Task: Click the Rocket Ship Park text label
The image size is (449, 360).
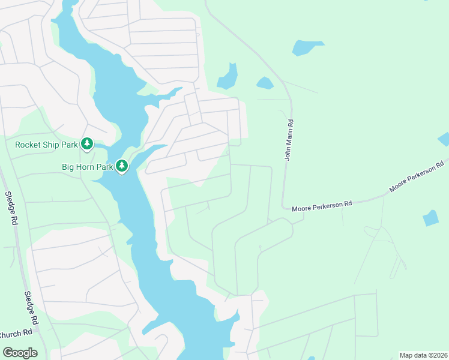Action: (x=46, y=145)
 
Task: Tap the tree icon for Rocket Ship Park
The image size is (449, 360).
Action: (x=88, y=144)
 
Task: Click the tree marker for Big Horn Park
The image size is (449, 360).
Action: (x=122, y=165)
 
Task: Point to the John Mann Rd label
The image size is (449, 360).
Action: (x=289, y=139)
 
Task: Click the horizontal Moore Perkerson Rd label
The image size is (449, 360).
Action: (x=321, y=206)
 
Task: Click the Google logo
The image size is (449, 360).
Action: (x=20, y=352)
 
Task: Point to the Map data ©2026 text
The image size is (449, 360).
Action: (x=423, y=355)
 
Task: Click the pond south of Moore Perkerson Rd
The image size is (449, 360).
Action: (x=430, y=218)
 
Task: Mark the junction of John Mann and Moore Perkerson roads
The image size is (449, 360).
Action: (x=284, y=208)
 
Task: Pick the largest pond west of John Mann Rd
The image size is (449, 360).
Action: (x=228, y=77)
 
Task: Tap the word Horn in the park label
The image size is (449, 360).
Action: (x=89, y=166)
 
